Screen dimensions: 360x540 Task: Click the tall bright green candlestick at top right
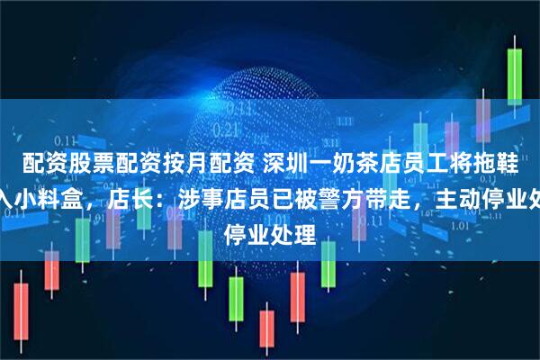tap(516, 72)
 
